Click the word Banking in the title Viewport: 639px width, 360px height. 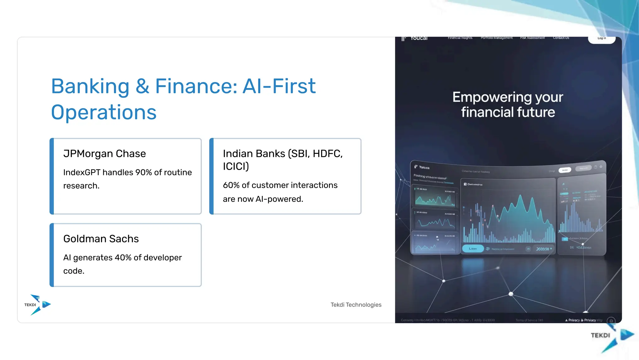(90, 86)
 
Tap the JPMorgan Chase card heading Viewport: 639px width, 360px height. (105, 153)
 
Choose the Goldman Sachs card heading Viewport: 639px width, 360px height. (101, 239)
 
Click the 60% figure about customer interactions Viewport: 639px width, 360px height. (231, 185)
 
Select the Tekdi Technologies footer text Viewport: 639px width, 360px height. (356, 305)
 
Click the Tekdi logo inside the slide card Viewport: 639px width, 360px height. (37, 304)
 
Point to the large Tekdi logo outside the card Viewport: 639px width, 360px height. (612, 337)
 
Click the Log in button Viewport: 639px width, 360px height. (602, 38)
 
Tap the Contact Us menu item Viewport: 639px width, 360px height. (561, 38)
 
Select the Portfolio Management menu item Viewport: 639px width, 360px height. (496, 38)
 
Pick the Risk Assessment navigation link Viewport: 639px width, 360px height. (532, 38)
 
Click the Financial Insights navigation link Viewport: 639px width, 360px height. (460, 38)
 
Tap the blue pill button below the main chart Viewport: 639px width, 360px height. (473, 249)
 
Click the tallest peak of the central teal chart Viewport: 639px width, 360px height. (520, 196)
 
